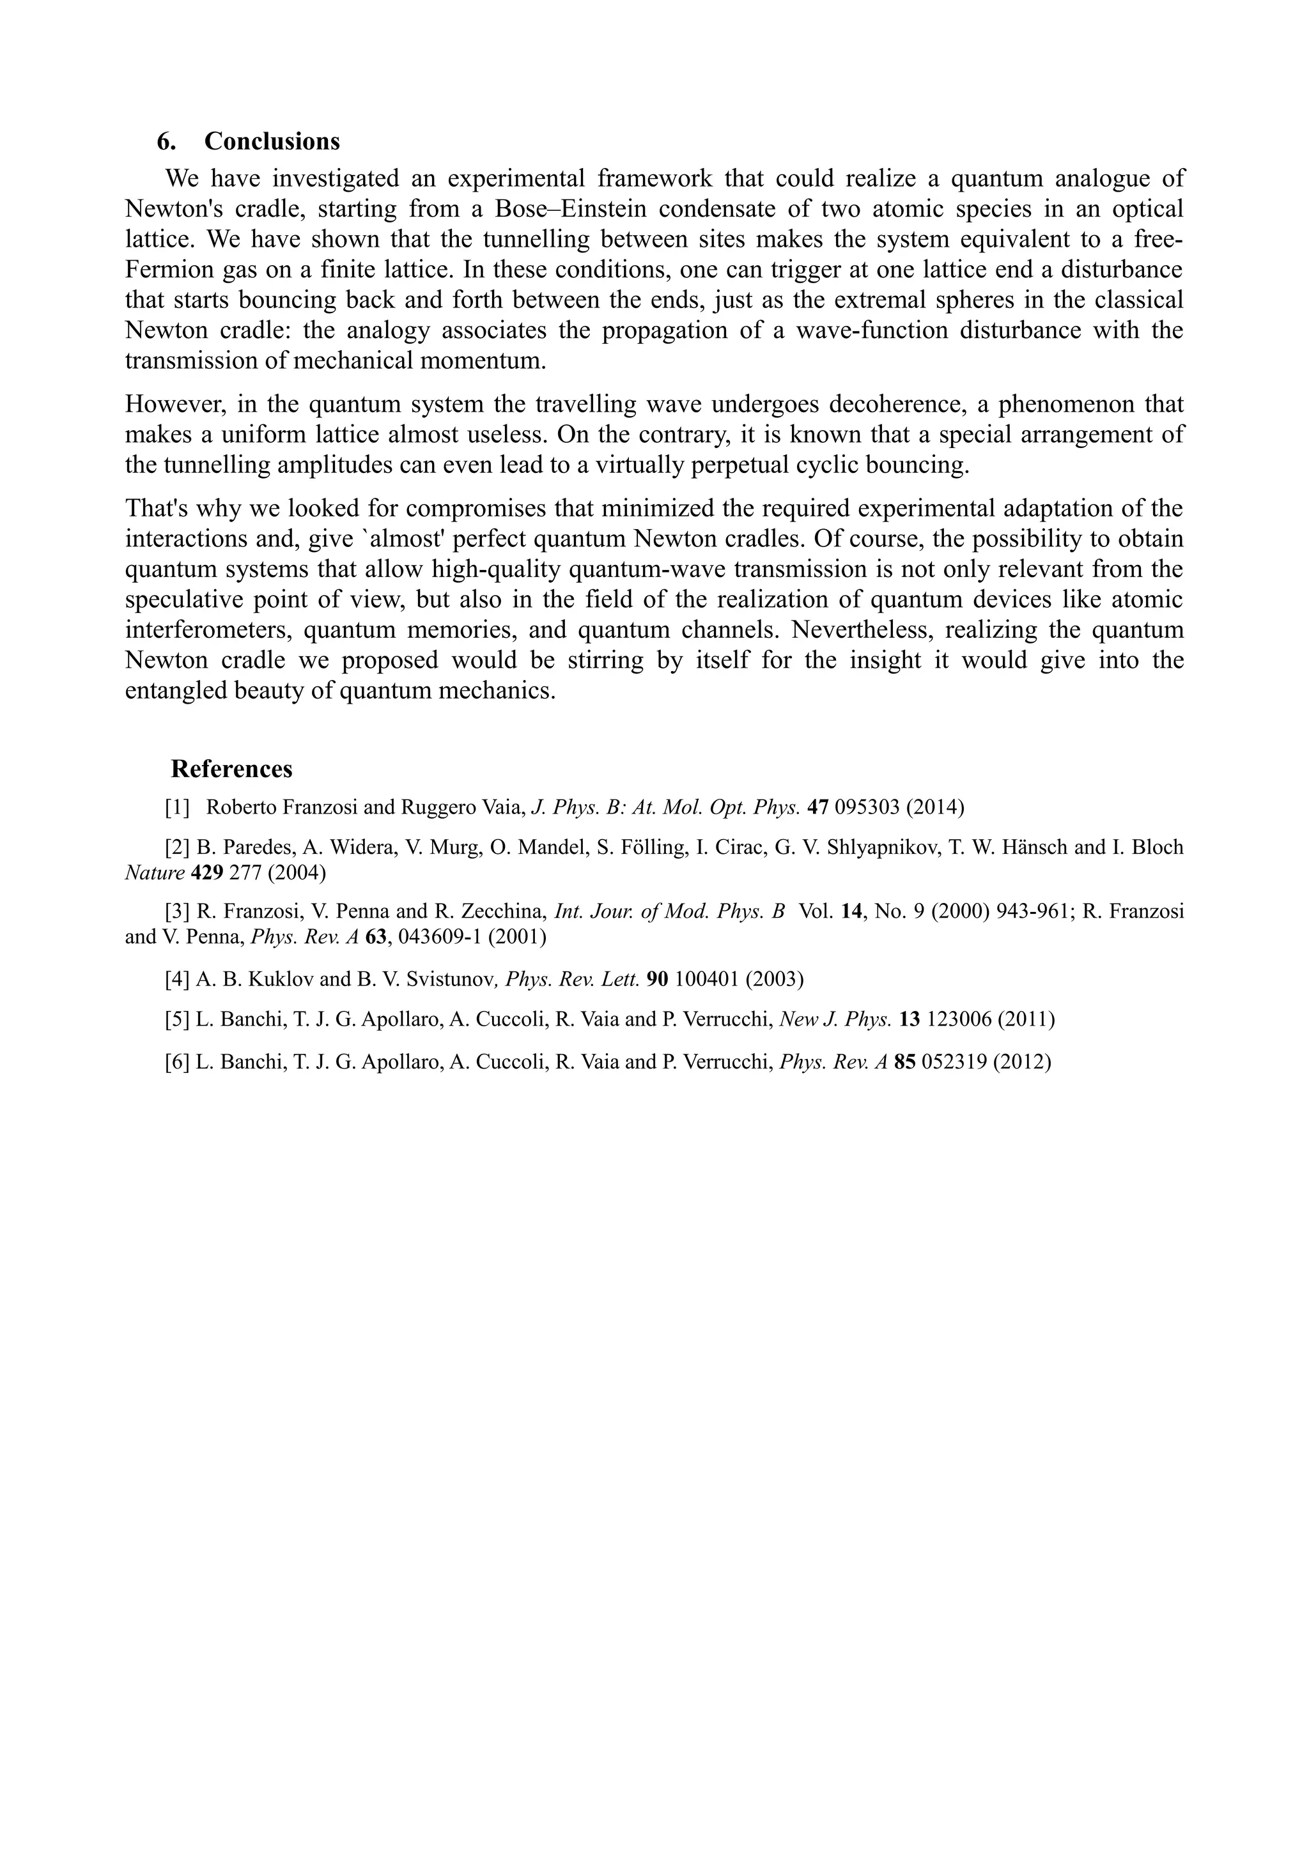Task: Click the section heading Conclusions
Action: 272,141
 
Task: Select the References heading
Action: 231,769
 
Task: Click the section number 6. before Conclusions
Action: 166,141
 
